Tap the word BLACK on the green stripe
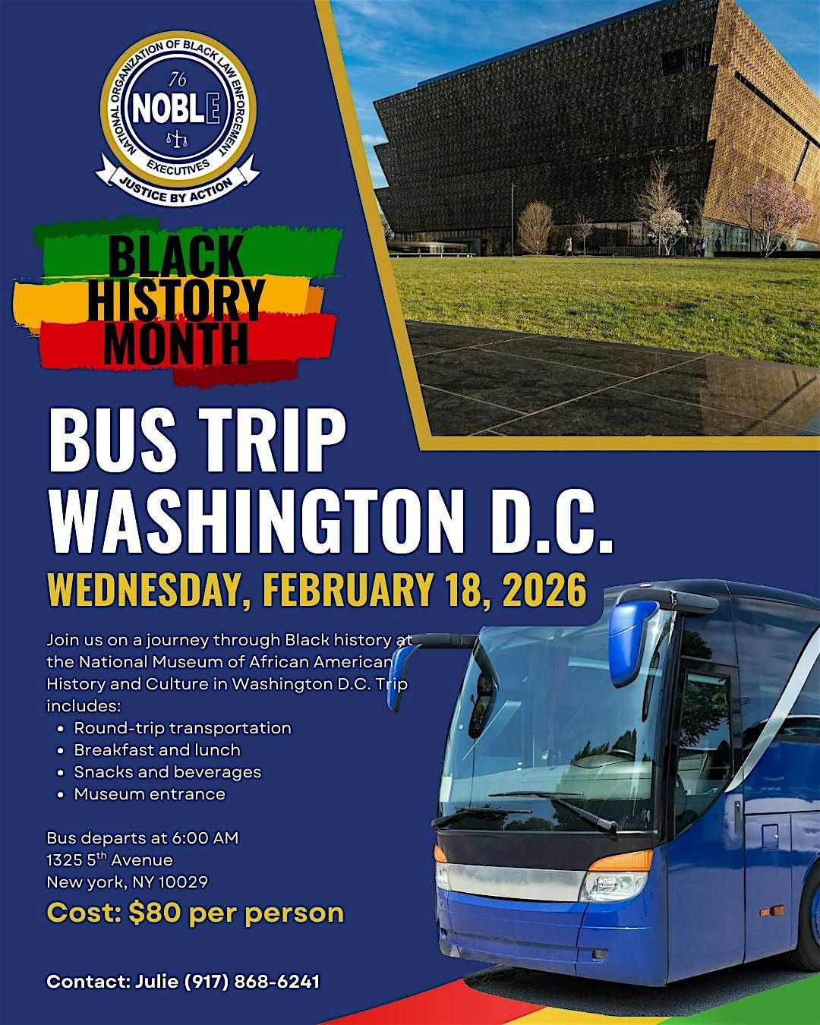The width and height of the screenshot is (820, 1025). pyautogui.click(x=176, y=256)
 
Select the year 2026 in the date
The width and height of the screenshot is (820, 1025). pyautogui.click(x=544, y=591)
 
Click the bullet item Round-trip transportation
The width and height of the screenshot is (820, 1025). pyautogui.click(x=182, y=727)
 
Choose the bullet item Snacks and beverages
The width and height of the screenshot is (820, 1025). pyautogui.click(x=167, y=771)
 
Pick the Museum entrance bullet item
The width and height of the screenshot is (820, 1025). pyautogui.click(x=150, y=793)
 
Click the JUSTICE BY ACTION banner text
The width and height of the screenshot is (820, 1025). pyautogui.click(x=178, y=188)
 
